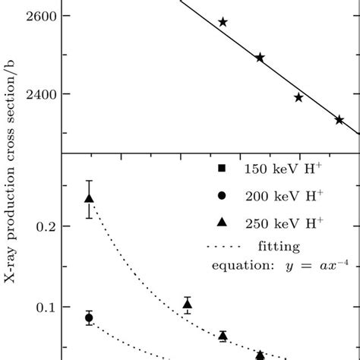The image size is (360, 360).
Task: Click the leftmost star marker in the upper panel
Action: pyautogui.click(x=223, y=22)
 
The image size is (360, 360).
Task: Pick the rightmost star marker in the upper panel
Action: pyautogui.click(x=339, y=120)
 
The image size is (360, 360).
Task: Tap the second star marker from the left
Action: pyautogui.click(x=260, y=58)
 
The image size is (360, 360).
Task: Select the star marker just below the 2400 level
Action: pyautogui.click(x=298, y=97)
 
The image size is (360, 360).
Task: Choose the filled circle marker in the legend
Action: pyautogui.click(x=221, y=195)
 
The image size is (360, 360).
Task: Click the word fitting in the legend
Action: pyautogui.click(x=278, y=247)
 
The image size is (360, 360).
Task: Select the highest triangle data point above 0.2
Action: pyautogui.click(x=89, y=199)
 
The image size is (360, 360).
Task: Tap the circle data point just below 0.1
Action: pyautogui.click(x=89, y=318)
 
